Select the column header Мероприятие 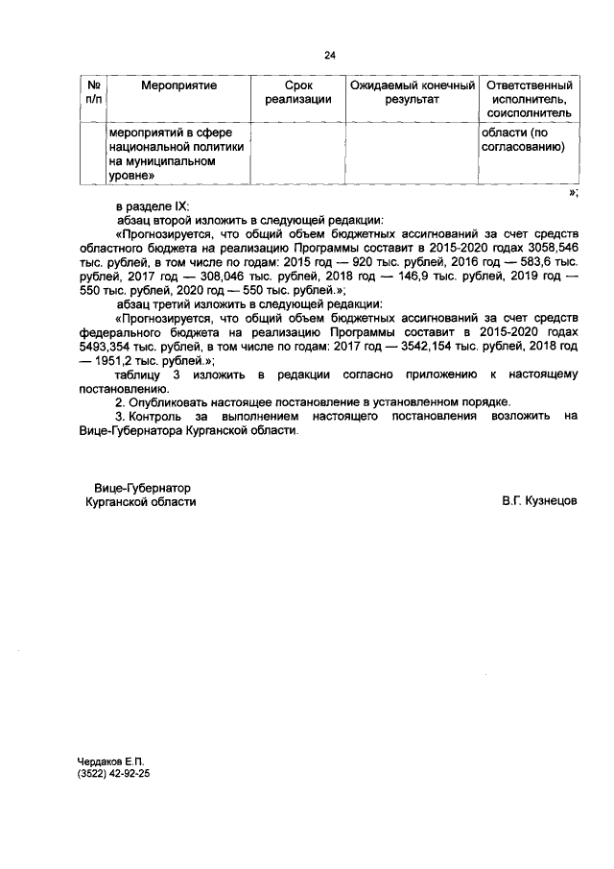(x=178, y=86)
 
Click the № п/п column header (x=93, y=92)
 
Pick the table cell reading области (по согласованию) (x=522, y=139)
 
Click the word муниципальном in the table (x=166, y=162)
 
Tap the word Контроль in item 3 (x=159, y=416)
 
